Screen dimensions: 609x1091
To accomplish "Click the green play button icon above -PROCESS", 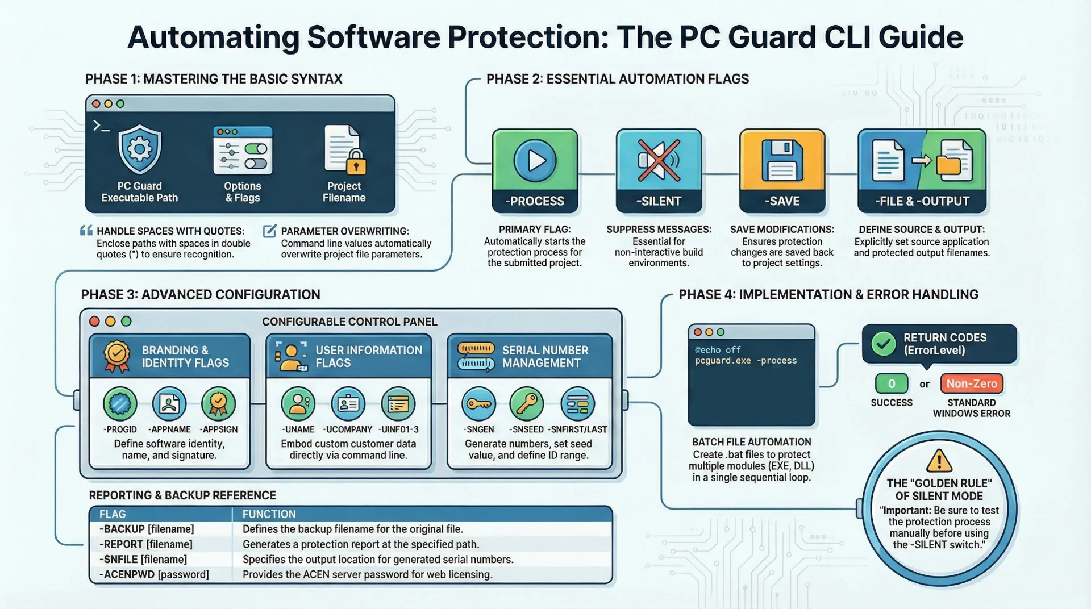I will click(x=535, y=161).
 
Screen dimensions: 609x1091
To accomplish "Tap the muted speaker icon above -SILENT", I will click(x=659, y=160).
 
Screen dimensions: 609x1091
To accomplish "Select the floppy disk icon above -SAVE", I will click(x=782, y=161).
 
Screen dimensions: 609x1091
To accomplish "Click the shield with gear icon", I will click(x=140, y=149).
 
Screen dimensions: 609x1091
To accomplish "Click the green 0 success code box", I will click(x=891, y=384).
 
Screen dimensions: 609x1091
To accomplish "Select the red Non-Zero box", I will click(x=971, y=384).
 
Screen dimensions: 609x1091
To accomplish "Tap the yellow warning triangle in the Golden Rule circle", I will click(x=939, y=461).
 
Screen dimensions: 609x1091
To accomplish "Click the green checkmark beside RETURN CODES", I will click(x=884, y=344).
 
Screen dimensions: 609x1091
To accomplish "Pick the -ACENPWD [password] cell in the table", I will click(x=154, y=574).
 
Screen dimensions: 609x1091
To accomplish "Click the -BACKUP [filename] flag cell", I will click(x=147, y=529).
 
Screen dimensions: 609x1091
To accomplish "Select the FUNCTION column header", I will click(x=269, y=514).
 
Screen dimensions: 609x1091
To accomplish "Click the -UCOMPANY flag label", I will click(x=347, y=429).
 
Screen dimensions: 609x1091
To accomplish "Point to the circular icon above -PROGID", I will click(x=120, y=403).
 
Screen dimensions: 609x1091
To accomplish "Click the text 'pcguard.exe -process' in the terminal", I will click(x=746, y=361).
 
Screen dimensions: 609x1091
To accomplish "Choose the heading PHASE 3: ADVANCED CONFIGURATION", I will click(x=201, y=295).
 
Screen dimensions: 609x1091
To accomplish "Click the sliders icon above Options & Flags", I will click(x=243, y=151).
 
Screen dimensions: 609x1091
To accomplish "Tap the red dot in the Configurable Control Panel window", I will click(x=95, y=322).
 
